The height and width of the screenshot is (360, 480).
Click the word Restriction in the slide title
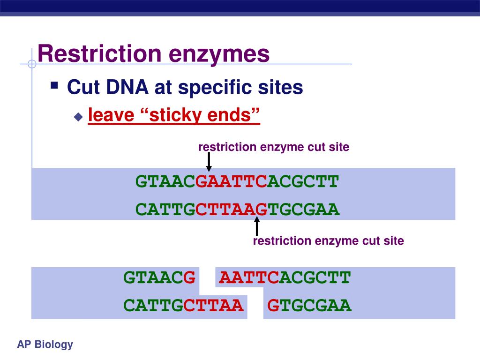click(99, 53)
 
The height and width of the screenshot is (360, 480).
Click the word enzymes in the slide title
click(219, 55)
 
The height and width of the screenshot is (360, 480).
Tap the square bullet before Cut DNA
click(54, 85)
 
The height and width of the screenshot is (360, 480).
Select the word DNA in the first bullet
click(127, 87)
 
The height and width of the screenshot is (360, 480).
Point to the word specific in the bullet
click(215, 88)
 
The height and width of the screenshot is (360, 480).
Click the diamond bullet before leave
click(78, 117)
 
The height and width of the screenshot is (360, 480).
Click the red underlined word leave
click(111, 115)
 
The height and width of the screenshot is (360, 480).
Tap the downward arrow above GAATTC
click(209, 162)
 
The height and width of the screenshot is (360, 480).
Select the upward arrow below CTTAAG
click(257, 226)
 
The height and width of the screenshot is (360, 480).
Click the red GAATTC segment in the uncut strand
click(231, 181)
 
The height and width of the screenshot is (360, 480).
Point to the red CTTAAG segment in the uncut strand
click(232, 210)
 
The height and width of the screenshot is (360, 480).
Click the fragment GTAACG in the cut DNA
click(159, 277)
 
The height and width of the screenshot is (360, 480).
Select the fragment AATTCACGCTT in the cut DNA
click(285, 277)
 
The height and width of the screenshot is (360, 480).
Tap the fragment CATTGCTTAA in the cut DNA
click(183, 306)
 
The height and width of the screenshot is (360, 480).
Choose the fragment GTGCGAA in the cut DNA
click(309, 306)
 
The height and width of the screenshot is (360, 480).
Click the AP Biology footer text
click(45, 345)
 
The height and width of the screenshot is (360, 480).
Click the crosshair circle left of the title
click(32, 64)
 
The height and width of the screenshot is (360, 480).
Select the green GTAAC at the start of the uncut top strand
click(165, 181)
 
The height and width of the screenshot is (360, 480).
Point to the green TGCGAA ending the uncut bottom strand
click(304, 210)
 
